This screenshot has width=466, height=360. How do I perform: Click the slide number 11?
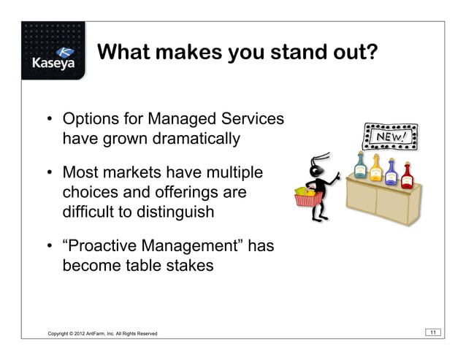pos(433,333)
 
